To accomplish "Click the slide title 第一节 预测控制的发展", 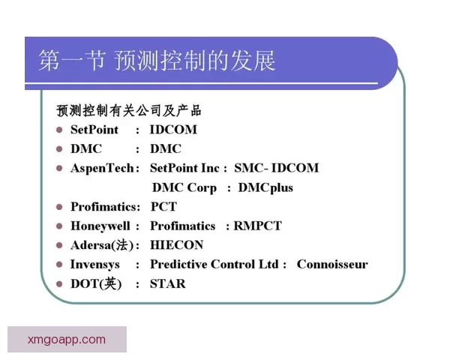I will coord(157,60).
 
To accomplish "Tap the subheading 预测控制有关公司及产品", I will coord(129,110).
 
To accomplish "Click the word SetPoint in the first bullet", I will coord(94,129).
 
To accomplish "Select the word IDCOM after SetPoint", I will coord(173,129).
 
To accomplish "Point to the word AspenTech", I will coord(103,168).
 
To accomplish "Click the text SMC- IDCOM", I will coord(276,168).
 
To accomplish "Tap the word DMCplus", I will coord(265,187).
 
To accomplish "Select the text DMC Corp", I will coord(184,187).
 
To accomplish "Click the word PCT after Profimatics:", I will coord(163,206).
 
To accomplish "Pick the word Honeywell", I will coord(100,226).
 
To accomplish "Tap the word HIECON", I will coord(176,245).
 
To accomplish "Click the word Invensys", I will coord(95,265).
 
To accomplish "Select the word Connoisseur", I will coord(332,265).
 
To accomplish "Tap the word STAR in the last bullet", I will coord(167,284).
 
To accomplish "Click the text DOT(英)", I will coord(95,284).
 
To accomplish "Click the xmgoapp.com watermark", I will coord(67,340).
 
